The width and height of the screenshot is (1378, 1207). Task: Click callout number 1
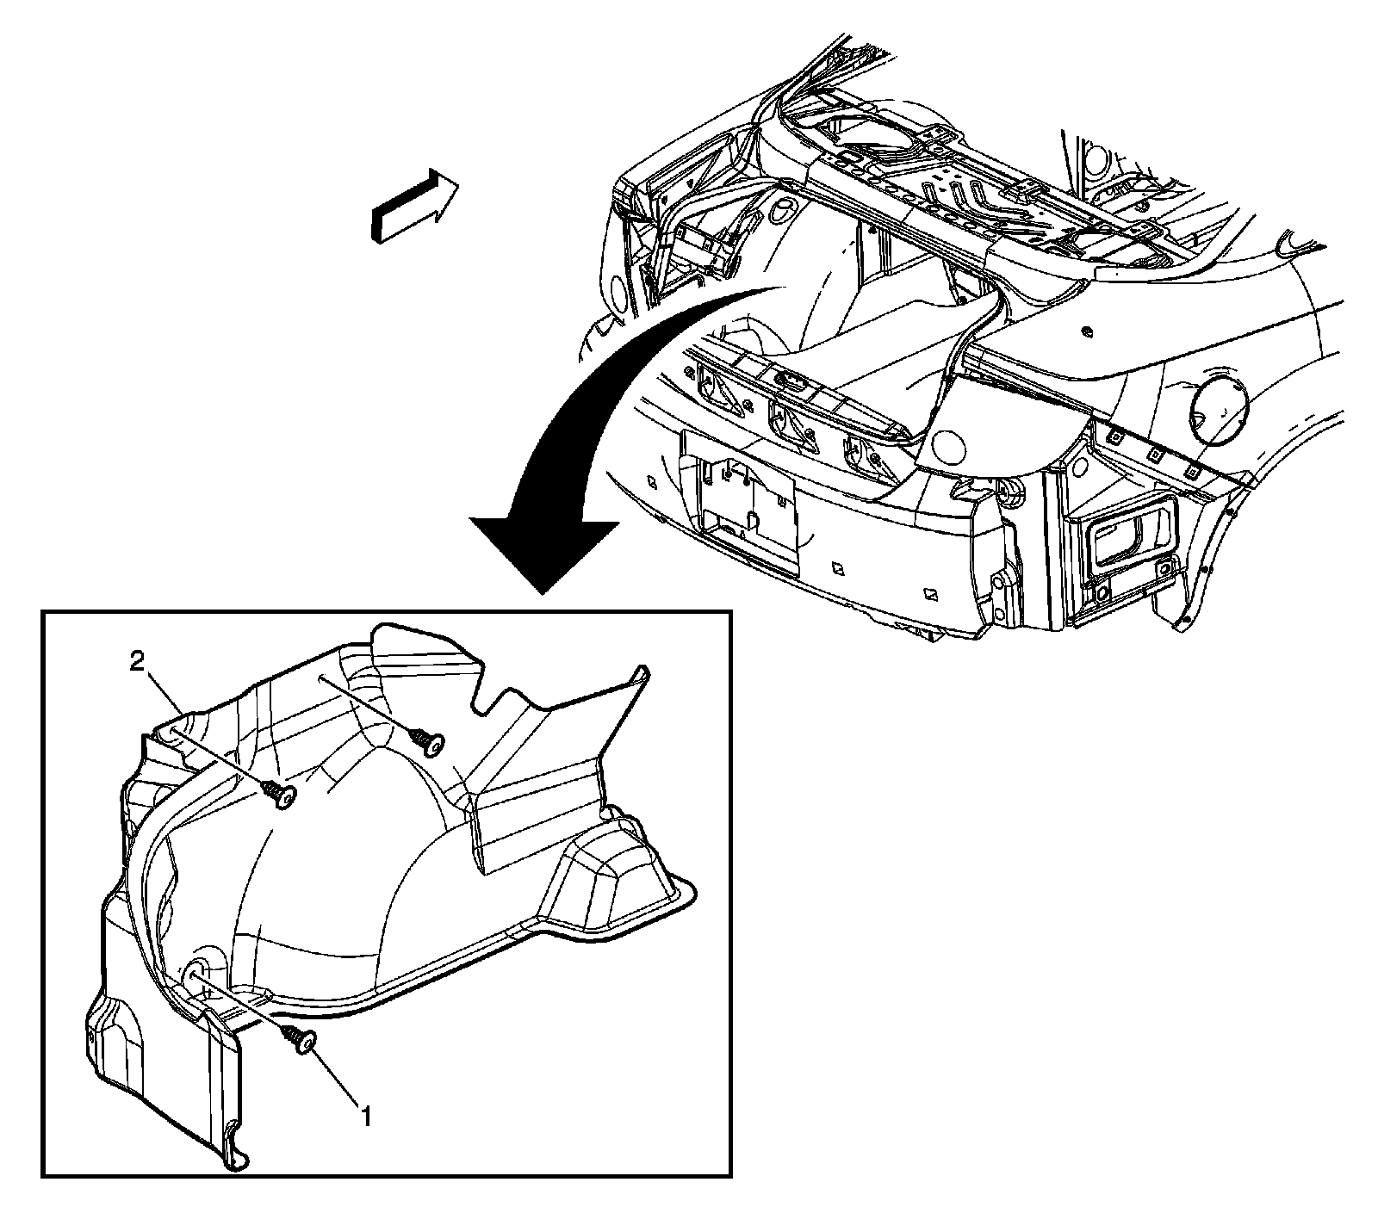pyautogui.click(x=366, y=1117)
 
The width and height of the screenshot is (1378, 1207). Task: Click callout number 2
pyautogui.click(x=137, y=662)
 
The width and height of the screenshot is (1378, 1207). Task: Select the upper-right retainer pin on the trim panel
pyautogui.click(x=428, y=740)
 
